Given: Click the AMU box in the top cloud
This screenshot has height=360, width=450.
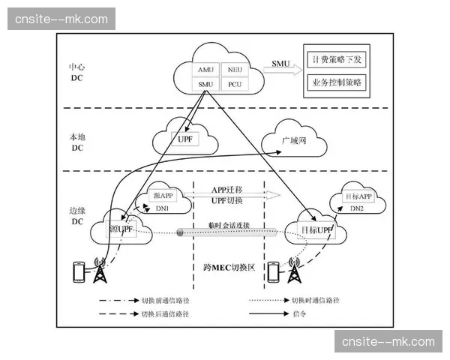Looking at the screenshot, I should tap(205, 69).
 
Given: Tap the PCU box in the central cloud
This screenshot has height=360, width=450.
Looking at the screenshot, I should tap(235, 84).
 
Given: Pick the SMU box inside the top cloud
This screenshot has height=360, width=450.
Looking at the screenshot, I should tap(205, 84).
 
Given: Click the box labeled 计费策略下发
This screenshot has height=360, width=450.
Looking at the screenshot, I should tap(336, 58).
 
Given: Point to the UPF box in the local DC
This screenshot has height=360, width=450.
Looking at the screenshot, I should tap(184, 139).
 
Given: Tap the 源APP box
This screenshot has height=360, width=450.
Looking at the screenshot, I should tap(163, 195).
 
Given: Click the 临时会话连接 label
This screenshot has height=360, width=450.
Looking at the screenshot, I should tap(228, 224).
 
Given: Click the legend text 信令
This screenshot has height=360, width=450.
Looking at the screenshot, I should tap(298, 314).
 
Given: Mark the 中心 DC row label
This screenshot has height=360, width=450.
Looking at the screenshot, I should tap(77, 72).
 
